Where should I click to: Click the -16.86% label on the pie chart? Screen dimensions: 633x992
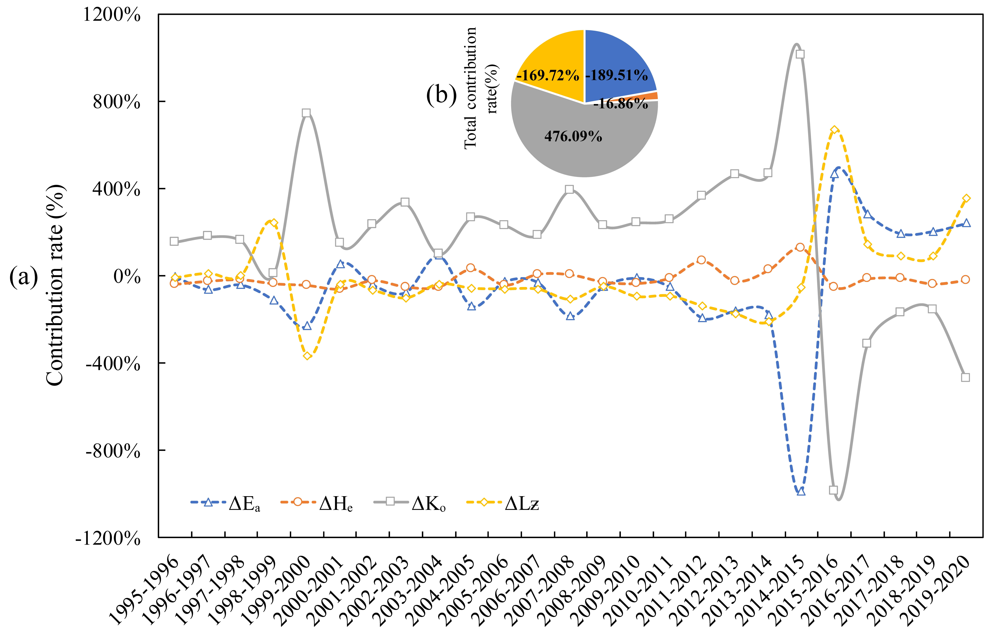tap(621, 104)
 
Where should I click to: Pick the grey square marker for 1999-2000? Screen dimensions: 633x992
tap(306, 113)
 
